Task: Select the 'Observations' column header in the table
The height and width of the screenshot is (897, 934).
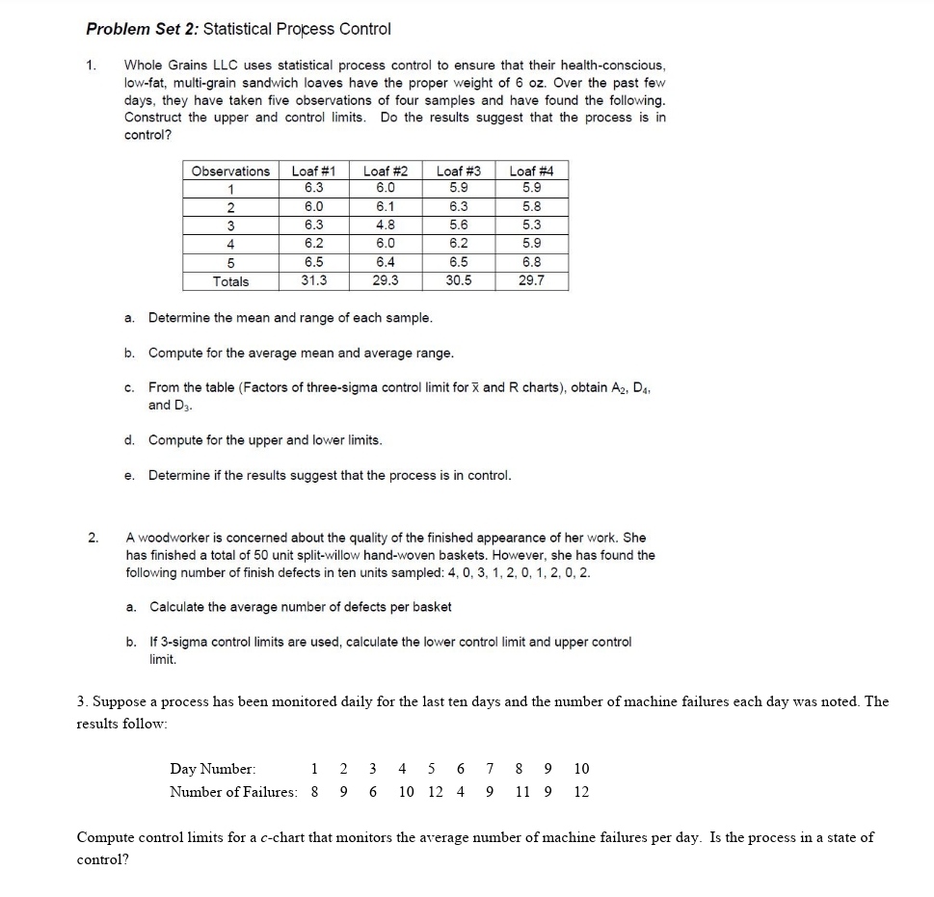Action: point(230,171)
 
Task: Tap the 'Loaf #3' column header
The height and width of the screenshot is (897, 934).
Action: point(459,171)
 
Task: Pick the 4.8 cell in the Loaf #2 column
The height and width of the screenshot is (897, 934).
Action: point(386,225)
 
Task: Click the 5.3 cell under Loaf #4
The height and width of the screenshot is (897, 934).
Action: point(531,225)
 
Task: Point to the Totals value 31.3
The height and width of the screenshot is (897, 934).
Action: point(313,281)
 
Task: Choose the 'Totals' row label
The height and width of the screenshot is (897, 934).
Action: point(230,281)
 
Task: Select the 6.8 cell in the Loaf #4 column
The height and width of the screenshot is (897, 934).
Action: point(531,262)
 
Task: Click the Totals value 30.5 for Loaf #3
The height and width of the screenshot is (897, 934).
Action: point(459,281)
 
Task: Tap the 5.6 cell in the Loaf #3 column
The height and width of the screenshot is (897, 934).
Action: point(459,225)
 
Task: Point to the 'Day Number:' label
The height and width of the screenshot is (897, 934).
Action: point(213,769)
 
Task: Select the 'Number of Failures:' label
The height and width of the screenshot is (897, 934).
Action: point(233,792)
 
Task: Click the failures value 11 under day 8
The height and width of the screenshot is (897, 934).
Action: point(521,792)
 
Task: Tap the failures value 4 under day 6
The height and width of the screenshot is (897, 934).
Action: point(461,792)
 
